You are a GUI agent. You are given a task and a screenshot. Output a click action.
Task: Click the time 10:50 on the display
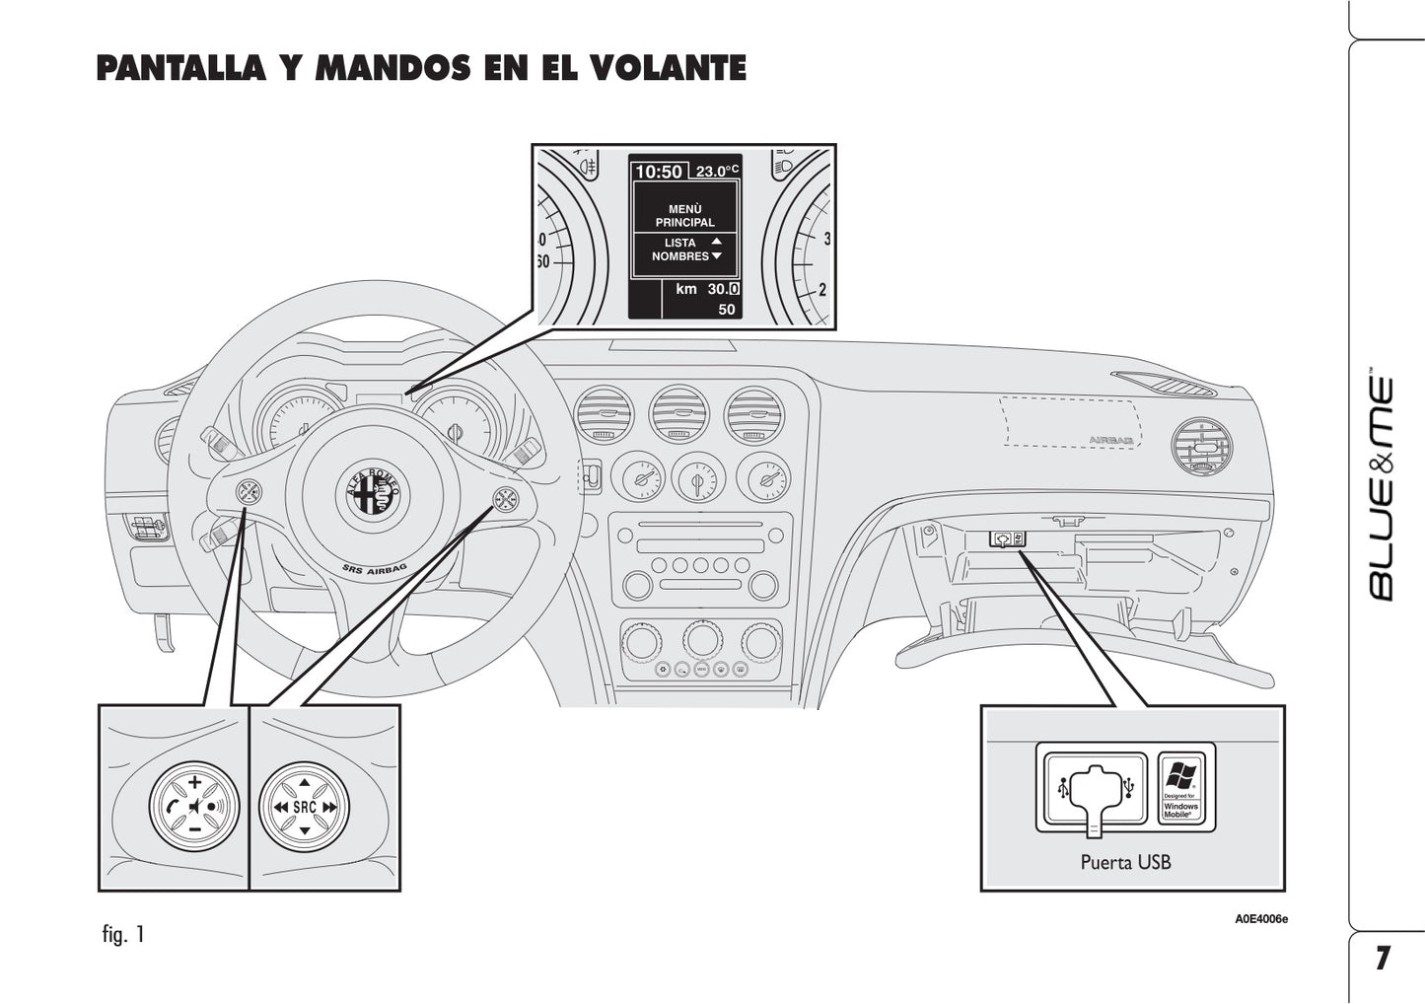(x=659, y=172)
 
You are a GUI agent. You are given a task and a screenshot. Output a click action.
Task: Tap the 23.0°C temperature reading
(x=716, y=172)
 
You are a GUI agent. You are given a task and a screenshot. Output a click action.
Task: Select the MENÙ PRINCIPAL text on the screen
(x=684, y=215)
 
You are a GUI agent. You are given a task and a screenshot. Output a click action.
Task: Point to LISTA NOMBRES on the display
(x=680, y=250)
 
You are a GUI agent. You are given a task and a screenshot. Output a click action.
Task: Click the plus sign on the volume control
(x=194, y=782)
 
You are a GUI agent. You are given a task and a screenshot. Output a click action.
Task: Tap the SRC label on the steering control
(x=304, y=807)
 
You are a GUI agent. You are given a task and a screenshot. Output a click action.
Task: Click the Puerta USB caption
(x=1125, y=862)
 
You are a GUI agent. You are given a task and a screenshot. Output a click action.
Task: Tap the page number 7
(x=1383, y=958)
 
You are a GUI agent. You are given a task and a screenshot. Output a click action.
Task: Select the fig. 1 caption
(x=123, y=934)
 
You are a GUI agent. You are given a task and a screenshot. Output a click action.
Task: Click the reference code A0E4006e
(x=1261, y=919)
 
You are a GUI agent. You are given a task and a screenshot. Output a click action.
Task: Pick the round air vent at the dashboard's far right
(x=1204, y=448)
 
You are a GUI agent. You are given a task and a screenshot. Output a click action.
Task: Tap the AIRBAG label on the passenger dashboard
(x=1109, y=439)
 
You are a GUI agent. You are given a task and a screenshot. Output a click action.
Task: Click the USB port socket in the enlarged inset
(x=1096, y=788)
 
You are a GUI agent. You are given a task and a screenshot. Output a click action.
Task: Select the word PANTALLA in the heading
(x=180, y=68)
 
